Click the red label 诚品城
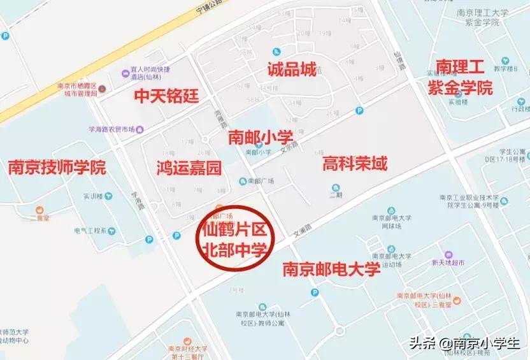[291, 69]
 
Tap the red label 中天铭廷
[166, 96]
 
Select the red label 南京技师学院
[57, 168]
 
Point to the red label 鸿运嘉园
[189, 168]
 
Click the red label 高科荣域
[355, 164]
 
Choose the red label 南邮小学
[260, 136]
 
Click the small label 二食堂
[39, 217]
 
